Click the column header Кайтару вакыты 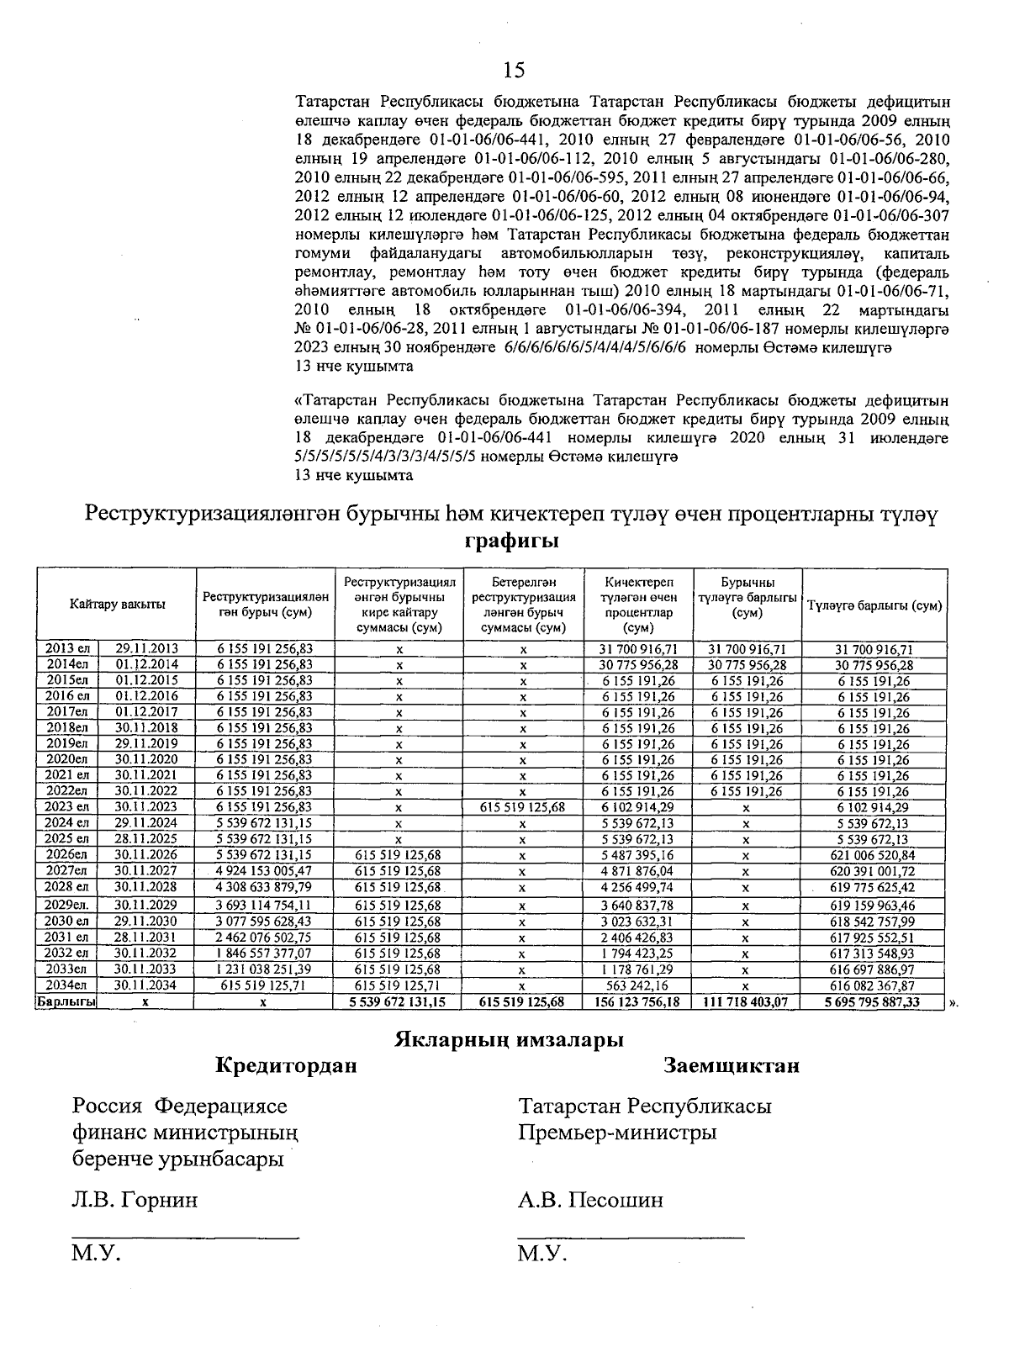point(118,604)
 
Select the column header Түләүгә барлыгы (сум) point(874,605)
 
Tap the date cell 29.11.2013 point(146,648)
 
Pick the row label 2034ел point(67,985)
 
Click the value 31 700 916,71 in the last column point(874,648)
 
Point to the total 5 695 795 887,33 point(874,1001)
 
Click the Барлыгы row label point(66,1001)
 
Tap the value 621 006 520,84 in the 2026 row point(874,855)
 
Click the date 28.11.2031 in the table point(146,937)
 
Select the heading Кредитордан point(286,1066)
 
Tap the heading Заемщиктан point(731,1066)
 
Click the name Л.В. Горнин point(135,1200)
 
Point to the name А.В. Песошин point(590,1200)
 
